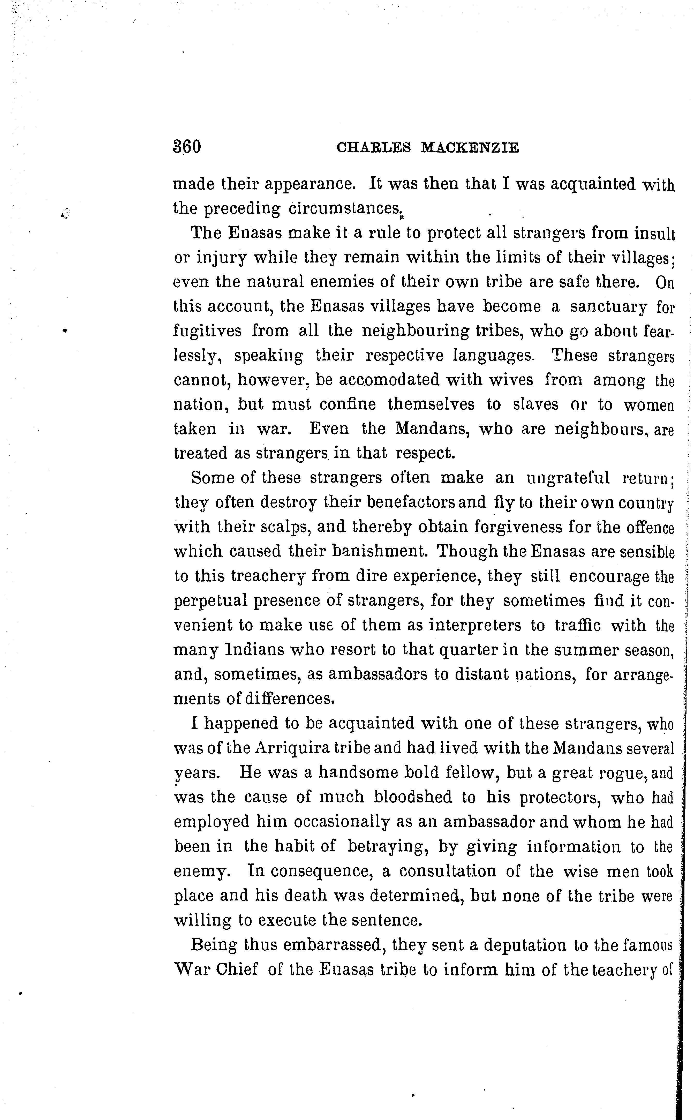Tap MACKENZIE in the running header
click(470, 148)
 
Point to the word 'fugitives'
click(207, 332)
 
